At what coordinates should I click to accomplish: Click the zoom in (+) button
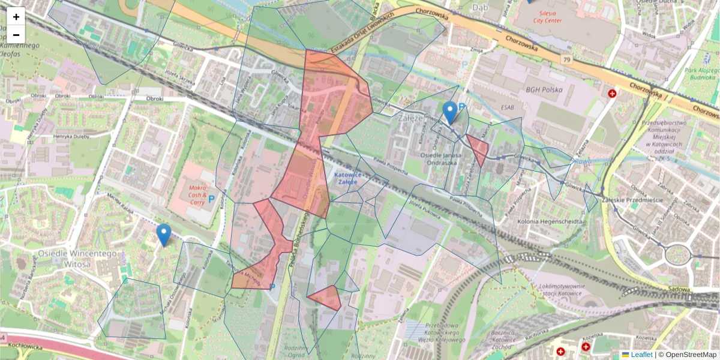tap(16, 17)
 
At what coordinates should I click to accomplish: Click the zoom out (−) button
tap(16, 34)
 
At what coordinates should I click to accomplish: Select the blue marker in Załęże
tap(450, 113)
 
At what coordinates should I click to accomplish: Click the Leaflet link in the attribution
tap(641, 355)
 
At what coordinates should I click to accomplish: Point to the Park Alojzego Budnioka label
tap(700, 73)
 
